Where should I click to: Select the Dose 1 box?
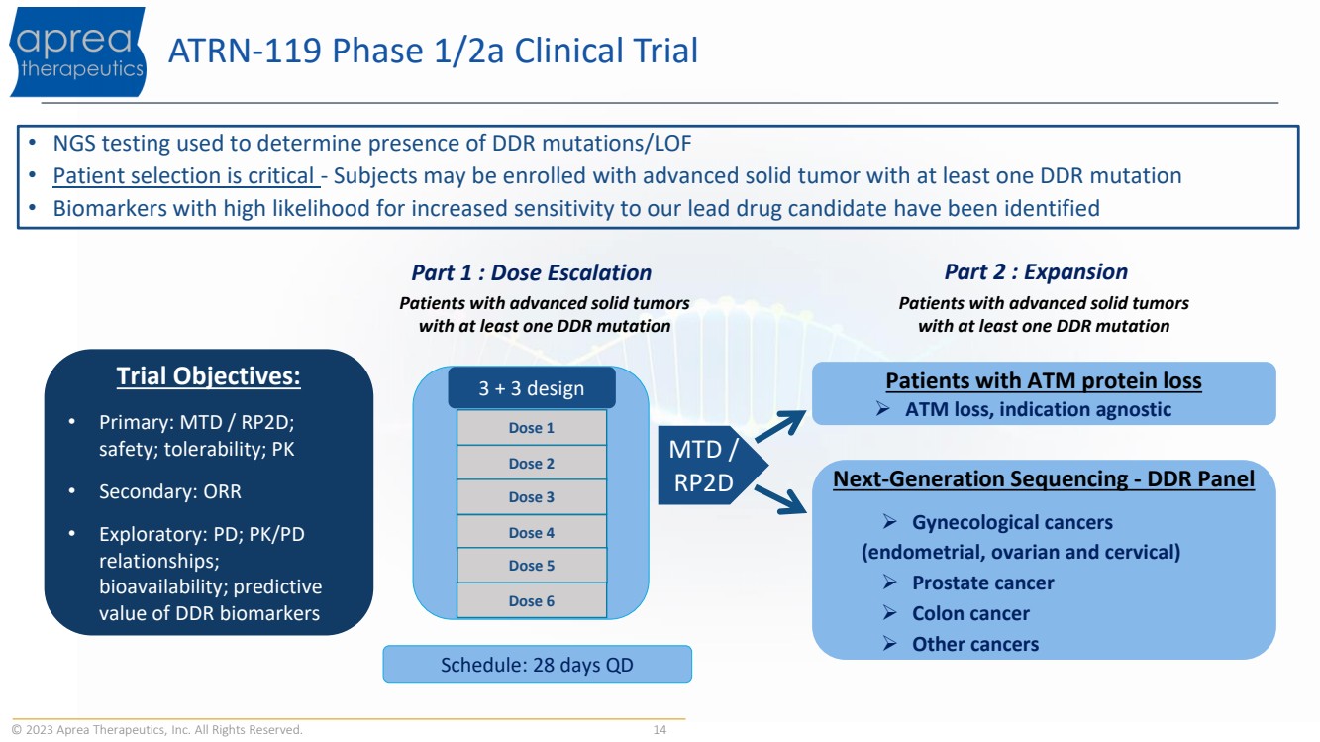[x=531, y=428]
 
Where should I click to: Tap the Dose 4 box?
[x=531, y=533]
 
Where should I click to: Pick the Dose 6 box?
[x=531, y=601]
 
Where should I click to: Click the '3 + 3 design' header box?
[x=531, y=388]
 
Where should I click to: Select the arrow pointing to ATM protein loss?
[x=782, y=423]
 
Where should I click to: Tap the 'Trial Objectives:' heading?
[x=208, y=377]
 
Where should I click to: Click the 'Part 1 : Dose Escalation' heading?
[x=531, y=272]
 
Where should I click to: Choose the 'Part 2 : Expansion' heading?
[x=1036, y=272]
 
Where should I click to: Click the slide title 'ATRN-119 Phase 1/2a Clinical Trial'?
[x=434, y=51]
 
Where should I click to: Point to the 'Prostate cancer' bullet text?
[x=982, y=583]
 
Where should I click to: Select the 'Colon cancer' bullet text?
[x=970, y=613]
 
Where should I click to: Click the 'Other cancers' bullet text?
[x=974, y=644]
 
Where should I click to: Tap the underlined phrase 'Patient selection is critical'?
[x=185, y=176]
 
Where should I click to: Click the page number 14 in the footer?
[x=660, y=730]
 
